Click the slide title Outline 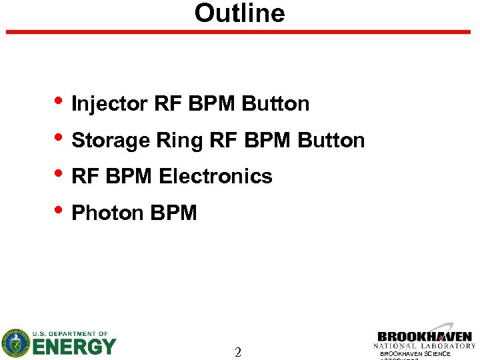[x=239, y=13]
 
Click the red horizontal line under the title [x=239, y=31]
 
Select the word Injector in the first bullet [x=109, y=104]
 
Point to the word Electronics [x=215, y=177]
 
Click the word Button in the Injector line [x=275, y=104]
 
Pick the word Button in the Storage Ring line [x=331, y=141]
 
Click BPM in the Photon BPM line [x=174, y=213]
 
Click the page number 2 [x=238, y=353]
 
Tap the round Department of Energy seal [x=15, y=343]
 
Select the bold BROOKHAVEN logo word [x=425, y=337]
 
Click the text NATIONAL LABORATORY [x=425, y=346]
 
